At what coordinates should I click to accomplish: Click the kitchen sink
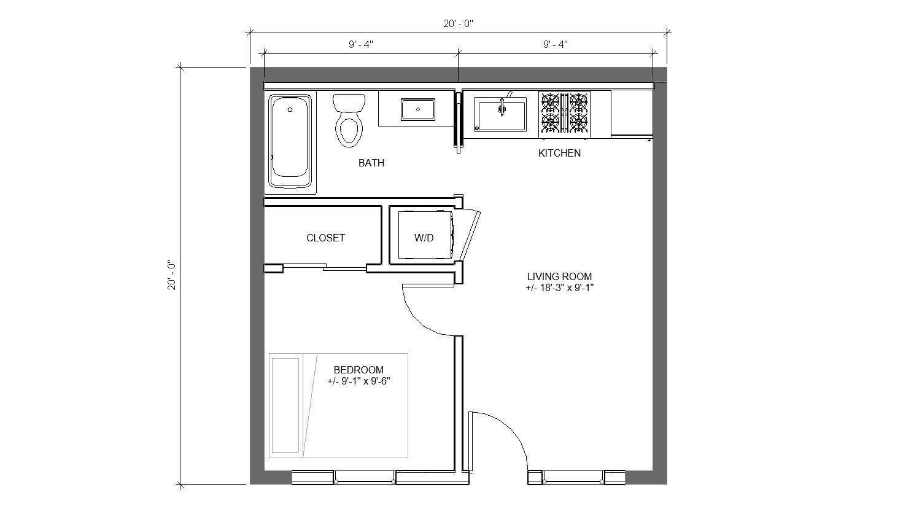pyautogui.click(x=502, y=114)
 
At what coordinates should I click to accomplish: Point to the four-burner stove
pyautogui.click(x=564, y=113)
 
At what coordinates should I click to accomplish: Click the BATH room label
pyautogui.click(x=371, y=163)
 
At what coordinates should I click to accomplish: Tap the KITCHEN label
pyautogui.click(x=559, y=153)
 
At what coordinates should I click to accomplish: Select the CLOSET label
pyautogui.click(x=325, y=238)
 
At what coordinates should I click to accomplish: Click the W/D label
pyautogui.click(x=424, y=238)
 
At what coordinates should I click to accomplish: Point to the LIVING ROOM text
pyautogui.click(x=559, y=276)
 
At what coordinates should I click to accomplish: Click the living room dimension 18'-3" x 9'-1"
pyautogui.click(x=559, y=287)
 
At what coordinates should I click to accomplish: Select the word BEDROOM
pyautogui.click(x=358, y=370)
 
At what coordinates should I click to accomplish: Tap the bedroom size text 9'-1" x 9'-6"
pyautogui.click(x=358, y=381)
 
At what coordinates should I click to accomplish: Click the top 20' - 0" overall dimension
pyautogui.click(x=459, y=24)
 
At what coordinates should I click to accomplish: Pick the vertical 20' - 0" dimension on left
pyautogui.click(x=171, y=276)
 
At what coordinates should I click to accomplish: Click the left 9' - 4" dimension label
pyautogui.click(x=361, y=44)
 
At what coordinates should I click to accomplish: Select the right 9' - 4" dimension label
pyautogui.click(x=556, y=44)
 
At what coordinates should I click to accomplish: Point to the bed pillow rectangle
pyautogui.click(x=285, y=405)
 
